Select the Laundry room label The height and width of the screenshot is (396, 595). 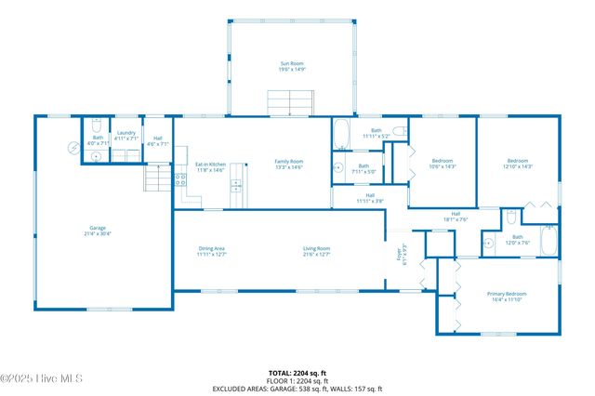tap(126, 133)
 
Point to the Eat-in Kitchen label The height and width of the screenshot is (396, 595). tap(210, 162)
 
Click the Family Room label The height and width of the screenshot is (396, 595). tap(289, 162)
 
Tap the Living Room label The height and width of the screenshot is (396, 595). tap(317, 248)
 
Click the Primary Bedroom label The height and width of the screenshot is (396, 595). tap(508, 295)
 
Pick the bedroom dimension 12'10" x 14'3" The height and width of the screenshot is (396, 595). tap(518, 166)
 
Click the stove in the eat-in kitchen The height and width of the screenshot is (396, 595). tap(180, 180)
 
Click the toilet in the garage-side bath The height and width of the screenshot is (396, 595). tap(96, 156)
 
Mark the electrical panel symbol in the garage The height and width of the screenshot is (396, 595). tap(73, 148)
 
